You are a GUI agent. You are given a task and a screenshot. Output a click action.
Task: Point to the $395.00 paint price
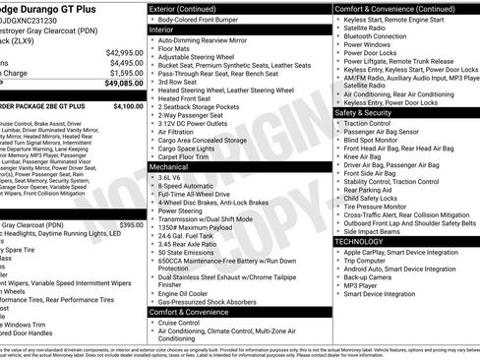132,225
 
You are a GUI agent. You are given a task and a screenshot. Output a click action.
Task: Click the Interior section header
168,30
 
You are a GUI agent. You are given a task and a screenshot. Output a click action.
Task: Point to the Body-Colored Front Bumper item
206,20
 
